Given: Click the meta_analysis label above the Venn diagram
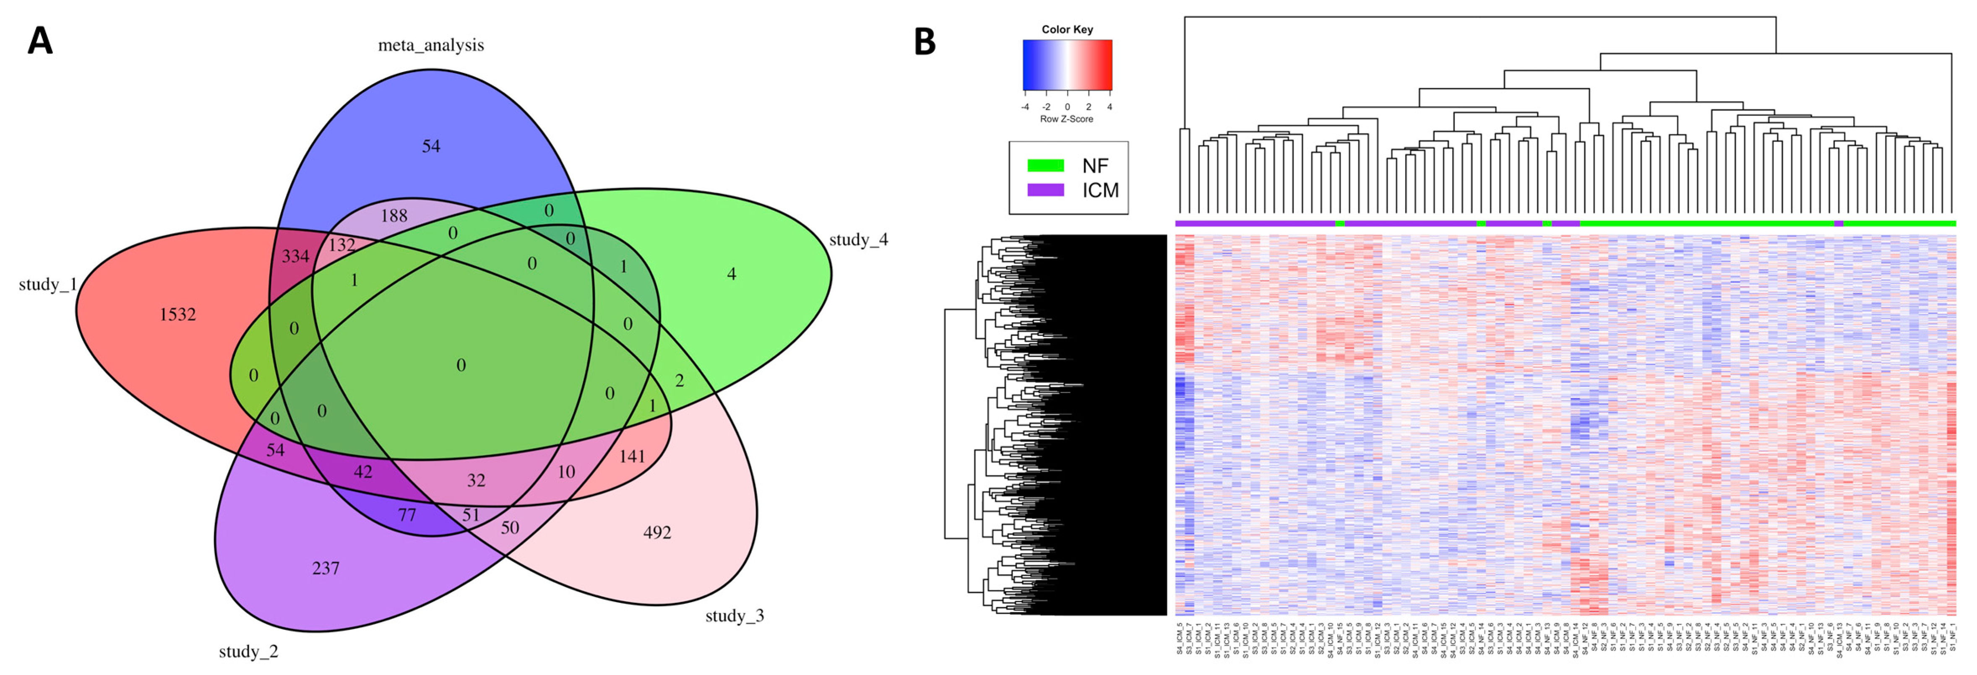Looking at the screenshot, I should click(x=430, y=45).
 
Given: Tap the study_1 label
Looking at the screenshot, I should click(x=47, y=285).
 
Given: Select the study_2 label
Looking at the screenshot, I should click(x=249, y=652).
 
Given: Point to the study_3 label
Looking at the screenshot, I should click(x=735, y=616).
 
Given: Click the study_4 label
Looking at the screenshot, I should click(x=858, y=240).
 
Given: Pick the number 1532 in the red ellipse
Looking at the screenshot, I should click(x=178, y=314).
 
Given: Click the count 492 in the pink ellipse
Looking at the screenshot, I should click(x=657, y=532).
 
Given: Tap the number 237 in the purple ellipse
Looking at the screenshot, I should click(x=326, y=569).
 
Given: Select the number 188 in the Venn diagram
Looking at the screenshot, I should click(x=394, y=215).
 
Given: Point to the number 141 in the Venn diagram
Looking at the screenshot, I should click(x=632, y=457).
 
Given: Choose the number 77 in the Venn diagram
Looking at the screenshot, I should click(x=407, y=515).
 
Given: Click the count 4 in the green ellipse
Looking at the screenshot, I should click(x=732, y=274).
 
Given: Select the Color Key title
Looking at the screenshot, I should click(x=1067, y=29).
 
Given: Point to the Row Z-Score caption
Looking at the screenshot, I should click(x=1067, y=119).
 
